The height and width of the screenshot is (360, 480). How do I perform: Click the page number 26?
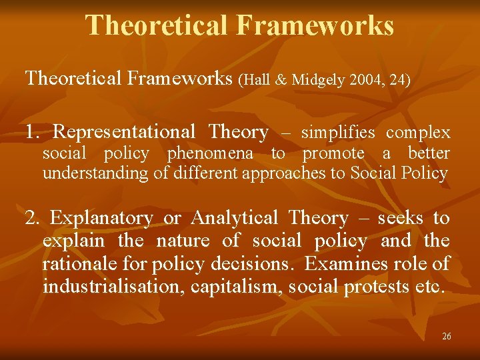(446, 337)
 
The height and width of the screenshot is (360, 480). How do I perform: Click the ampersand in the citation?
(281, 80)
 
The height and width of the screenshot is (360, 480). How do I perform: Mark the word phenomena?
(210, 153)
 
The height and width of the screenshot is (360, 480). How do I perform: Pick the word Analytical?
(235, 218)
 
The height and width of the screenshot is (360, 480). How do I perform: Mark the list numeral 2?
(31, 218)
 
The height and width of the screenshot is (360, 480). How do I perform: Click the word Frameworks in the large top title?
(315, 25)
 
